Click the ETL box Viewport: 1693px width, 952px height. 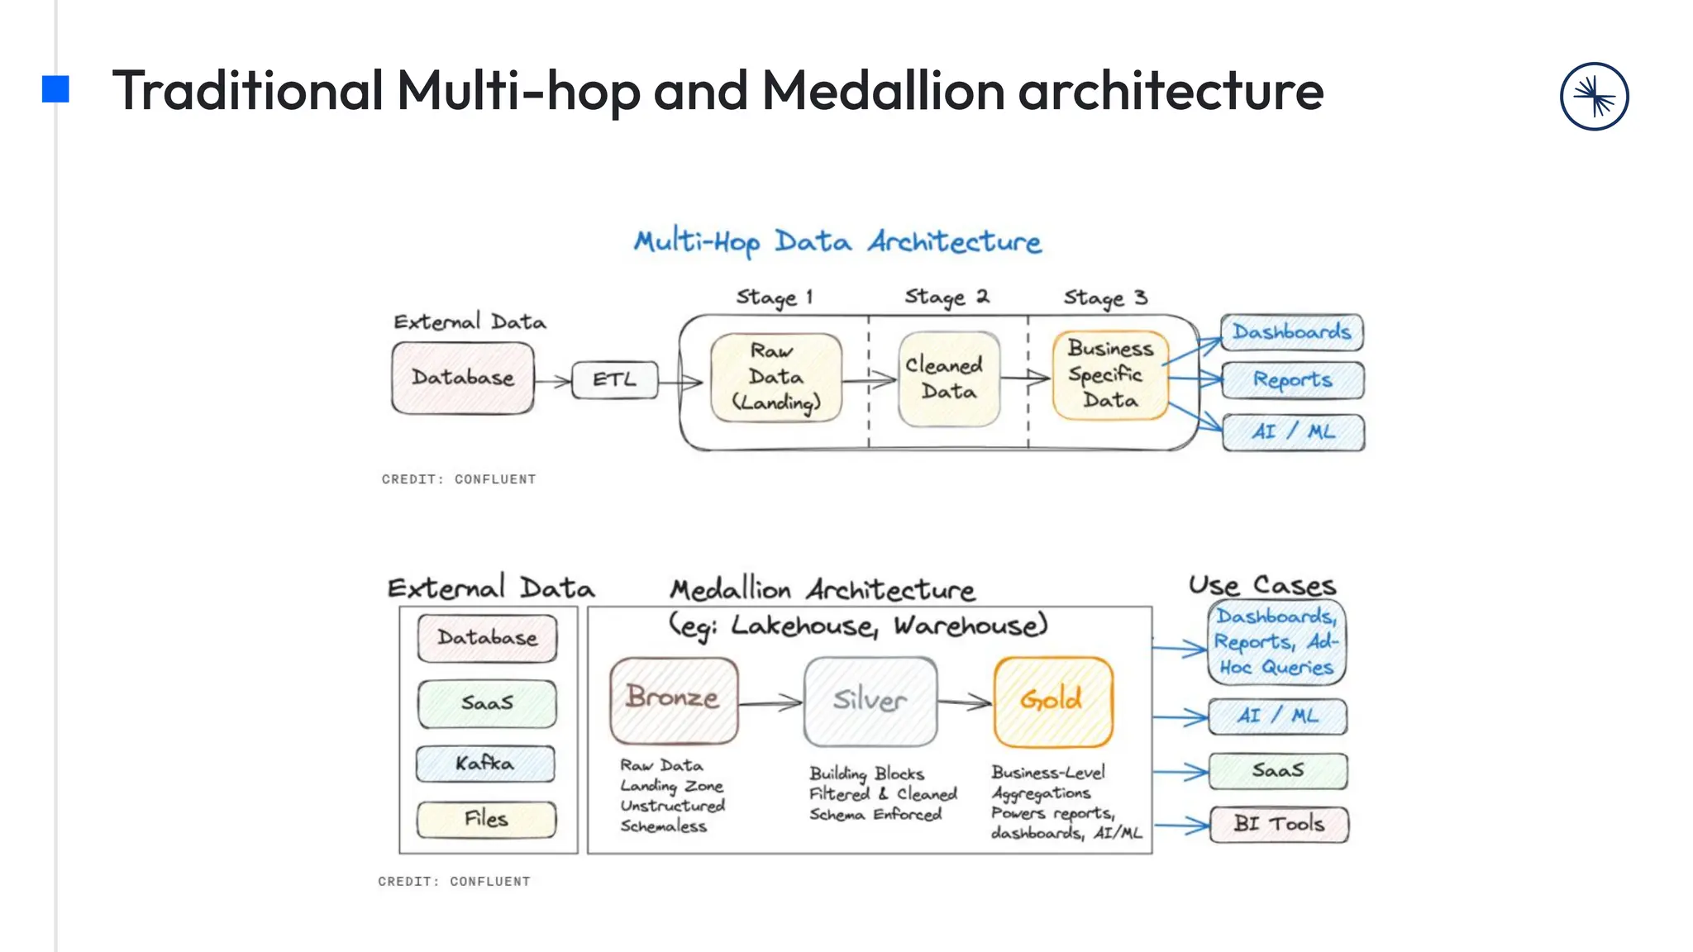point(615,380)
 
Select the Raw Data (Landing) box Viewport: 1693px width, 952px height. point(775,378)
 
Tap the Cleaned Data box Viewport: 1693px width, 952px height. point(948,378)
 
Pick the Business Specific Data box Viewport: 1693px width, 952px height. point(1109,375)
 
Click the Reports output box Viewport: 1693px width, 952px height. point(1292,380)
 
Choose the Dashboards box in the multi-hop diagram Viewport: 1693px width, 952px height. point(1291,332)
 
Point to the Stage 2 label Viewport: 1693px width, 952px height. point(947,297)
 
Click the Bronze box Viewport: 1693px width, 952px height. point(674,700)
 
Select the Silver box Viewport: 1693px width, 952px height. point(870,701)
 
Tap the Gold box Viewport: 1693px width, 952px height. point(1052,701)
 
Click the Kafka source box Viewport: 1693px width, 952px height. point(486,764)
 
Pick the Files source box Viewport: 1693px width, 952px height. point(486,819)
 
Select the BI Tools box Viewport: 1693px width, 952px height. point(1278,824)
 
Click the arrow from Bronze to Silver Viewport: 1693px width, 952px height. point(770,703)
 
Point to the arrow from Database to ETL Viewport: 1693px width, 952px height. point(552,381)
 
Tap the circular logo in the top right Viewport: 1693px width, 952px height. point(1594,97)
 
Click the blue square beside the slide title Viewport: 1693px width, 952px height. point(55,89)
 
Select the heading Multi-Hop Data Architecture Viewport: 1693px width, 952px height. point(837,242)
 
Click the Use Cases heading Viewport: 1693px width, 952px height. point(1261,586)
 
